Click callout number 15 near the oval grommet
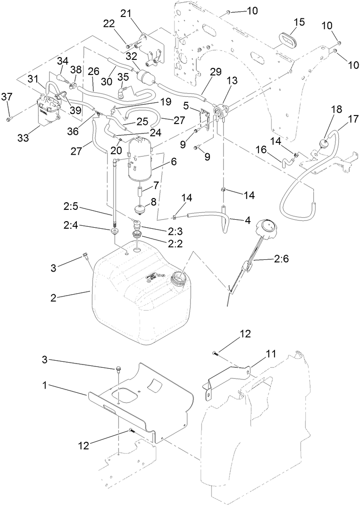coord(299,22)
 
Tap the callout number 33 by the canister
coord(23,137)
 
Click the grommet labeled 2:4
coord(114,232)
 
